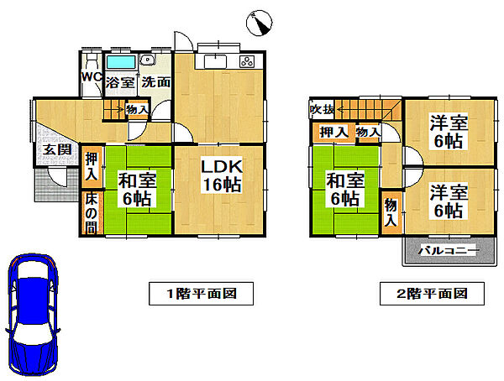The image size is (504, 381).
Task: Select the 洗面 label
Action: pos(155,82)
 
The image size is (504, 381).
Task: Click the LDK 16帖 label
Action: pos(221,175)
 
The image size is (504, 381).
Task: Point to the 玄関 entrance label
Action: pos(47,150)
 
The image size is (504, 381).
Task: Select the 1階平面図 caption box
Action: pos(200,294)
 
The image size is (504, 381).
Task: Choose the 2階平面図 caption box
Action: pos(430,294)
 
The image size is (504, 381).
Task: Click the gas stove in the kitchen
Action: pos(248,60)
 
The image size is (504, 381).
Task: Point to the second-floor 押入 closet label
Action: pos(333,132)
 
